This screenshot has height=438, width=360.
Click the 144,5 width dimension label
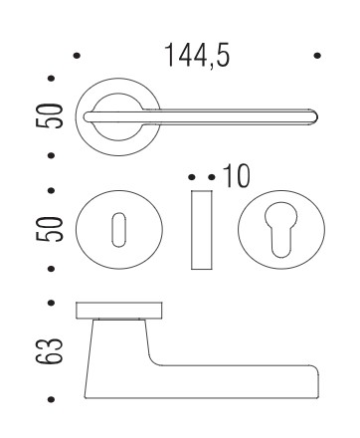click(197, 55)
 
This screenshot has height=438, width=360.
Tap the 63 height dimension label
click(49, 351)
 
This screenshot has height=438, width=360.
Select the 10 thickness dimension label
click(237, 176)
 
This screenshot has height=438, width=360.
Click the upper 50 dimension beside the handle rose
click(49, 115)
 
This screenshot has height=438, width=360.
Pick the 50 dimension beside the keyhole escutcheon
click(49, 229)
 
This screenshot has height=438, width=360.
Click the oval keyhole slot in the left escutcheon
click(118, 230)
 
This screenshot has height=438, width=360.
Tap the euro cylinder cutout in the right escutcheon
click(281, 229)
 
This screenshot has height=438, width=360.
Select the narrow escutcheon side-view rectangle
click(202, 230)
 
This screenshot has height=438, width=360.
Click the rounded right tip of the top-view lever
click(314, 117)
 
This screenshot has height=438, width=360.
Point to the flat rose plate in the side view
click(119, 311)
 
